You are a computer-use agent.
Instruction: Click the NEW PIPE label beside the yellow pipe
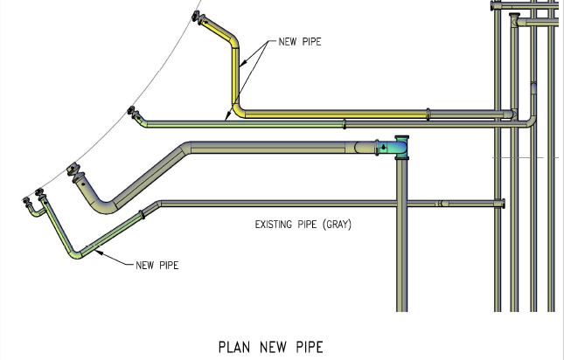coord(298,41)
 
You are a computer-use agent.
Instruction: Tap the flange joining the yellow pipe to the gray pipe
coord(428,113)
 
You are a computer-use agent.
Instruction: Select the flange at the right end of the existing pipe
coord(505,204)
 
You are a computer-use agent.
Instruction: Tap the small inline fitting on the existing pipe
coord(442,204)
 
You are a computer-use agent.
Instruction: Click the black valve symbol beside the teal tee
coord(382,148)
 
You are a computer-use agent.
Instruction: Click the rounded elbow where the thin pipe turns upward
coord(529,120)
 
